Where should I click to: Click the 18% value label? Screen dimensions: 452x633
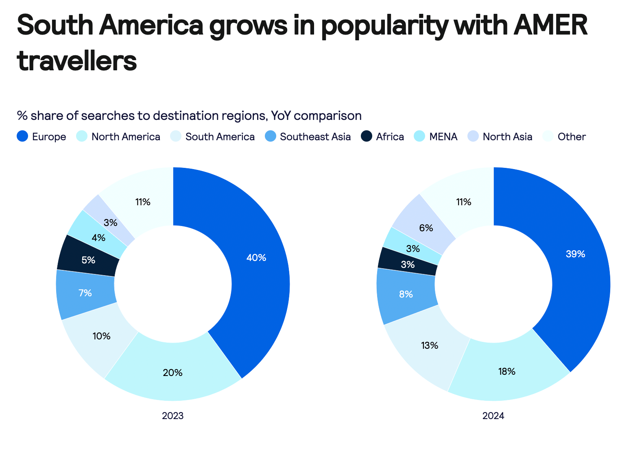[x=507, y=372]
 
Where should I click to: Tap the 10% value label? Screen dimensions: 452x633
[x=101, y=336]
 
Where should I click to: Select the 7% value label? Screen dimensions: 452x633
[x=85, y=293]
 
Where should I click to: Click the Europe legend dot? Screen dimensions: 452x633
[x=22, y=137]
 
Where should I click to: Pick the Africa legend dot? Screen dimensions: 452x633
[x=367, y=137]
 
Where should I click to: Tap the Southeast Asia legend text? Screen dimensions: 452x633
[x=315, y=137]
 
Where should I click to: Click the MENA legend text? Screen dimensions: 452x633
[x=443, y=137]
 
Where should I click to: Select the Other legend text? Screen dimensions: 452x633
[x=572, y=137]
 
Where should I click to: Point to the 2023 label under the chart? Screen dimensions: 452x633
[x=173, y=416]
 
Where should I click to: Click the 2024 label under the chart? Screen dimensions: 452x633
[x=493, y=416]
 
